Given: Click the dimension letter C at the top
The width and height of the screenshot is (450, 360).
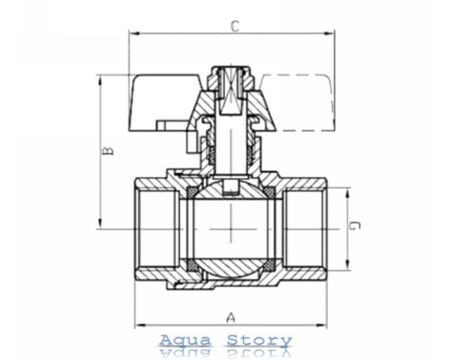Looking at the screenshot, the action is tap(236, 26).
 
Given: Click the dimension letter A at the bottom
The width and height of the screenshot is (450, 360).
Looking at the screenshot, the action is tap(230, 318).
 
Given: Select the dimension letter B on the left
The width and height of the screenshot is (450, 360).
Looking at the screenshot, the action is tap(108, 150).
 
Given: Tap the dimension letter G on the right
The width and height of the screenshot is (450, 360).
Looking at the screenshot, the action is tap(355, 226).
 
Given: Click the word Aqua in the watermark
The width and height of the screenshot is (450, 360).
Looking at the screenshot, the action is tap(185, 340).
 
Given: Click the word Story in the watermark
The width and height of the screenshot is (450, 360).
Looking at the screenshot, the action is tap(259, 341).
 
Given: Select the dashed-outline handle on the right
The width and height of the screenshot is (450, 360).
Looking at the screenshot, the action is tap(297, 103).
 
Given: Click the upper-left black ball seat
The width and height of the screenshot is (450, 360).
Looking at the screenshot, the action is tap(192, 192).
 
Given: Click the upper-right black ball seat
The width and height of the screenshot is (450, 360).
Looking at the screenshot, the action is tap(269, 192).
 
